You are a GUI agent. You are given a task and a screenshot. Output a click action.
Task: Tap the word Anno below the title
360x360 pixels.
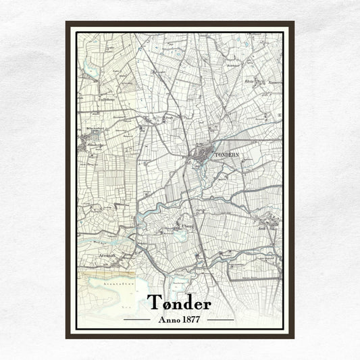(168, 319)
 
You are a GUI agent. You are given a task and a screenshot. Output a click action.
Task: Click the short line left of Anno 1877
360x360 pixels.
(137, 319)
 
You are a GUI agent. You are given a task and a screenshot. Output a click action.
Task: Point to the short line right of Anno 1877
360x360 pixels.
(221, 319)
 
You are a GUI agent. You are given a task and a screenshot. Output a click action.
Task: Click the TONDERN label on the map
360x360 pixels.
(226, 155)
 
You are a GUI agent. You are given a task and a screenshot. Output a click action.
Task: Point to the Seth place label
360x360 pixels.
(262, 228)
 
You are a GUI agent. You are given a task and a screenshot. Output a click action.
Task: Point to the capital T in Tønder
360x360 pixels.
(154, 303)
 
